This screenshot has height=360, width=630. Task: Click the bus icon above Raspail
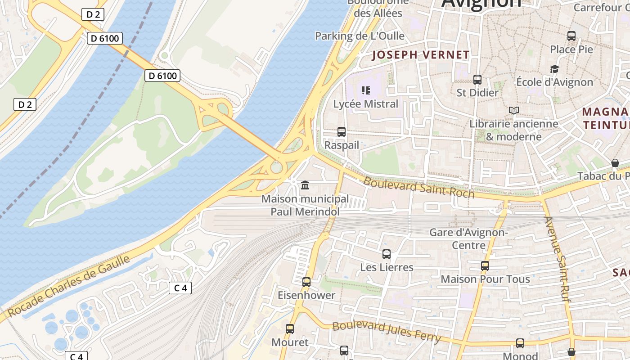(342, 132)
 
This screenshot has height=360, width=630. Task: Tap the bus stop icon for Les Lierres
(386, 254)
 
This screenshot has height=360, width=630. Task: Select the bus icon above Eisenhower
(306, 282)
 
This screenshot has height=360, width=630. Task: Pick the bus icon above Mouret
(290, 329)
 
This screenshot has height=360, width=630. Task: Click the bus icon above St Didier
(477, 80)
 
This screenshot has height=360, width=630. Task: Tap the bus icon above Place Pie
(571, 36)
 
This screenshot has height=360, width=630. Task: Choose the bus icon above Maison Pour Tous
(485, 266)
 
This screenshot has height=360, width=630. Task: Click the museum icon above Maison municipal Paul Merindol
(305, 185)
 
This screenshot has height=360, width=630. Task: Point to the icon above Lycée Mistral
(366, 90)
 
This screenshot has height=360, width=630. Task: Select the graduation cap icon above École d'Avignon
(554, 69)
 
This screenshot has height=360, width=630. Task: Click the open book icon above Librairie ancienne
(513, 110)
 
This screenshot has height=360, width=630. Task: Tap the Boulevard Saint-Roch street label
(418, 187)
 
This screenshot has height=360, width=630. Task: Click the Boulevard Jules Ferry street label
(386, 332)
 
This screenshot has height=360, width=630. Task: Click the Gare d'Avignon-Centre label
(468, 239)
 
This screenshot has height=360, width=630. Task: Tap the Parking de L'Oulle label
(360, 36)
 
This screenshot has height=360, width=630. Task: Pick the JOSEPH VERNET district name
(421, 55)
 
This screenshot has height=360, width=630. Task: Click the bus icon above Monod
(520, 343)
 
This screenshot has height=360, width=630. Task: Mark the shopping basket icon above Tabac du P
(615, 163)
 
